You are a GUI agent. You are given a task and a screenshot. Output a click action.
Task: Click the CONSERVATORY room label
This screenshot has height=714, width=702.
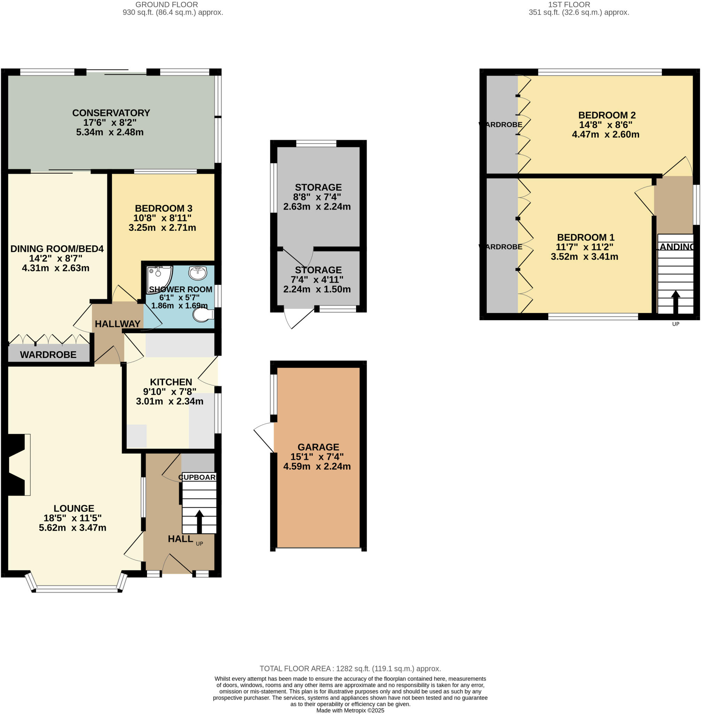click(x=111, y=113)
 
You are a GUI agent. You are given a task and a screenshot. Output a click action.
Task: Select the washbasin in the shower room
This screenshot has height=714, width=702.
click(x=198, y=273)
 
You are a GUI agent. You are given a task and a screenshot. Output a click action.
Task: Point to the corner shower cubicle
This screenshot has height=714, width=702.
click(x=158, y=279)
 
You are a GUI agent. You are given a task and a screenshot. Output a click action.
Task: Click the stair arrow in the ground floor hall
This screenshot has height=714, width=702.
click(x=199, y=521)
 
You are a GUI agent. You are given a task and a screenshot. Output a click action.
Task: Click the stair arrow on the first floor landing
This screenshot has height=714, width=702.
click(x=676, y=302)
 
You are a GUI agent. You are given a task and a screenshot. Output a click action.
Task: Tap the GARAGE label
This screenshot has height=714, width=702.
click(x=318, y=447)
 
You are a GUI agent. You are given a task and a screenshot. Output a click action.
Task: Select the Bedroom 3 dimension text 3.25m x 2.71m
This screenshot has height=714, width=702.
click(x=162, y=228)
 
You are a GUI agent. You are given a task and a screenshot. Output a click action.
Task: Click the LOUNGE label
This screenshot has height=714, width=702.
click(x=74, y=508)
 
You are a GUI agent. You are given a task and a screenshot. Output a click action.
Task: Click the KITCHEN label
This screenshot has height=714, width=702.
click(x=171, y=382)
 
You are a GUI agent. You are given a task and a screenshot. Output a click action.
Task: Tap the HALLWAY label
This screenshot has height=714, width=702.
click(x=118, y=324)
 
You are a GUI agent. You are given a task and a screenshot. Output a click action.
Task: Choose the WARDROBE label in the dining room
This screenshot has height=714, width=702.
click(x=48, y=355)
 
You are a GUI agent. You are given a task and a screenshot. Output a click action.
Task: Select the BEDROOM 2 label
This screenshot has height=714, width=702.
click(x=607, y=115)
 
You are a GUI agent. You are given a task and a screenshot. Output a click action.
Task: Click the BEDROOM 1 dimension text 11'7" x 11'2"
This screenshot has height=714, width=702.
click(x=584, y=247)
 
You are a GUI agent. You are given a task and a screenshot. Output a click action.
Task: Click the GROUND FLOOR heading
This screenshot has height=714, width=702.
click(x=167, y=5)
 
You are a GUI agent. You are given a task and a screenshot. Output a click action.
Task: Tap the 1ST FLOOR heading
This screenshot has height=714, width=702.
click(x=569, y=5)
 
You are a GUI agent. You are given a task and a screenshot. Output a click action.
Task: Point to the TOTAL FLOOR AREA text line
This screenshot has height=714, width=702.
click(x=350, y=669)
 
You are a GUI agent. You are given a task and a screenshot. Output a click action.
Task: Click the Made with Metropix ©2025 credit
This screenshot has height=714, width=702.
click(x=350, y=710)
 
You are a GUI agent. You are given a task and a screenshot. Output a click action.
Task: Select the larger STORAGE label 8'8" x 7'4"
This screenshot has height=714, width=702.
click(x=318, y=188)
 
